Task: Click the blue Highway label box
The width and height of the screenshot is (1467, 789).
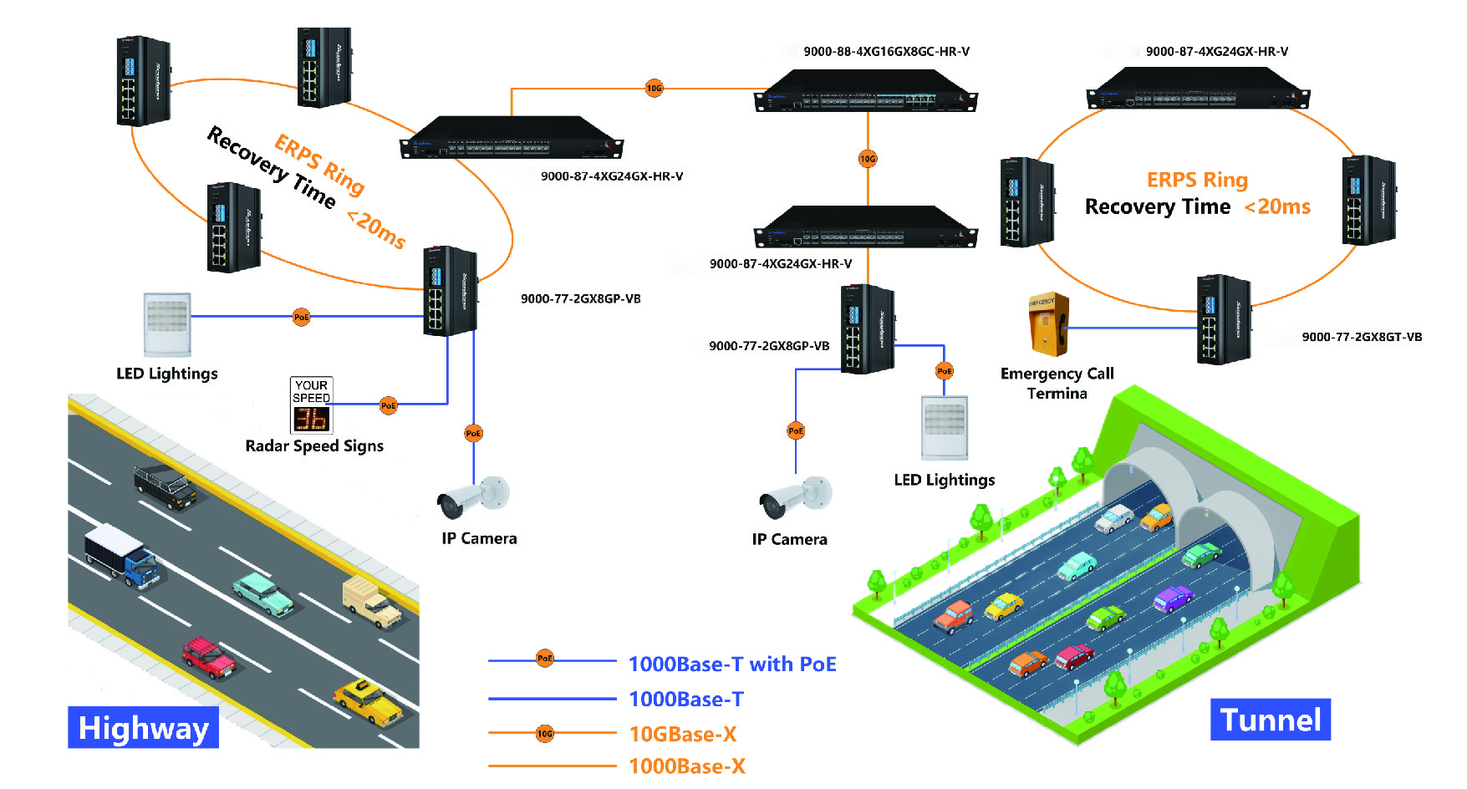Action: pos(143,727)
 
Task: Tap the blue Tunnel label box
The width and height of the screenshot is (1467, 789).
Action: pos(1270,720)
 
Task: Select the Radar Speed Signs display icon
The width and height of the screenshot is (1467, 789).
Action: pos(312,405)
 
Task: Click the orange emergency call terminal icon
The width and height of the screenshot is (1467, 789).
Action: pos(1047,323)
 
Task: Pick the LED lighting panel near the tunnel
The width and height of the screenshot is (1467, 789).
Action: pos(945,427)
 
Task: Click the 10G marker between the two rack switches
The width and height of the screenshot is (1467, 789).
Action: pos(868,159)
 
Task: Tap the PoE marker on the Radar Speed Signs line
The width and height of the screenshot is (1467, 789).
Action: pos(389,405)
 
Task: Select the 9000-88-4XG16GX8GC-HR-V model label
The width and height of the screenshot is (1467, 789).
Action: pos(886,52)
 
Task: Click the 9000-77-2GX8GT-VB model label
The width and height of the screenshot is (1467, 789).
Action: pos(1362,338)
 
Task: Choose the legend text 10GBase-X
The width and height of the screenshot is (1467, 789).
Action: pos(682,734)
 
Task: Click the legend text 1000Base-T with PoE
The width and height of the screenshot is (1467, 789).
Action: pos(731,664)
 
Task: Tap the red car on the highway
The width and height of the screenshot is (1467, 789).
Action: pos(209,657)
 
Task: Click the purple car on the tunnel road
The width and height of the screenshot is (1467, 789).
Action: pos(1173,598)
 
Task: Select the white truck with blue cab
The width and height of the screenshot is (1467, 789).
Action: pos(121,555)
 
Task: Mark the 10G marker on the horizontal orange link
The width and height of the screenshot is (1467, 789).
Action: pos(654,88)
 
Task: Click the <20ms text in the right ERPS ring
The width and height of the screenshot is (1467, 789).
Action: pos(1277,206)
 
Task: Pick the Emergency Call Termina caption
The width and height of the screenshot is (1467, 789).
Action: pos(1057,383)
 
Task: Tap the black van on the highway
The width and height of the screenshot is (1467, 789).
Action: pos(165,486)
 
